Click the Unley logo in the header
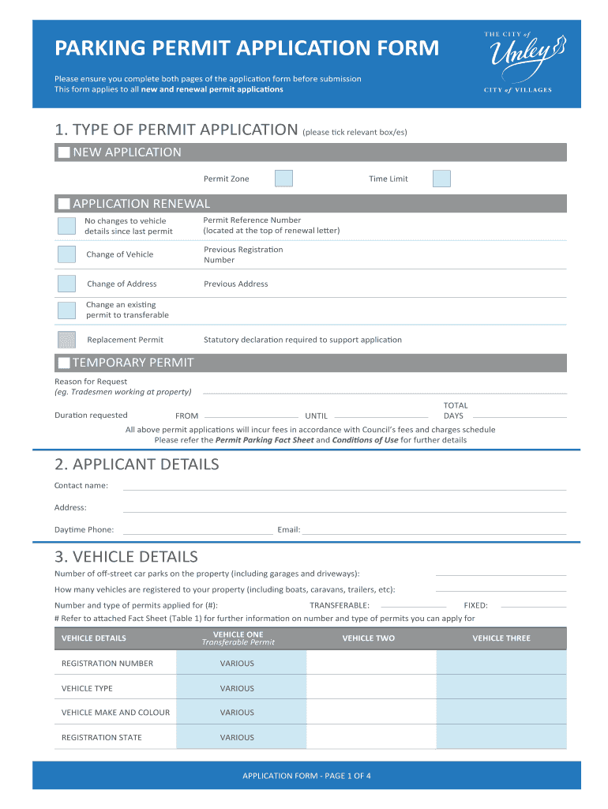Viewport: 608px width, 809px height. click(x=517, y=62)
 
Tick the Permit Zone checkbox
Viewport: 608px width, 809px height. click(x=283, y=179)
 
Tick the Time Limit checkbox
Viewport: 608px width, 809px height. click(x=441, y=179)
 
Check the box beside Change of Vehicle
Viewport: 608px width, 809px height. click(x=67, y=254)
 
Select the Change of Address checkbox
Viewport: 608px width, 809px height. click(x=67, y=284)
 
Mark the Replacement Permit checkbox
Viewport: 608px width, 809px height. click(x=67, y=340)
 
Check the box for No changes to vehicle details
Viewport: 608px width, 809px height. click(x=67, y=226)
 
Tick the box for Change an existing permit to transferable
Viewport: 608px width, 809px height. click(x=67, y=310)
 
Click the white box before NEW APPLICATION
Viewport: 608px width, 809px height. click(x=64, y=152)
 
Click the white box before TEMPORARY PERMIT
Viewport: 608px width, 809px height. click(x=64, y=363)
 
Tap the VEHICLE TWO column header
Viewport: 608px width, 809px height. click(x=368, y=638)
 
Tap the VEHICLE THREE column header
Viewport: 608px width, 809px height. click(x=501, y=638)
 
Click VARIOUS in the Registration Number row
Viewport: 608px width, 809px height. click(x=237, y=664)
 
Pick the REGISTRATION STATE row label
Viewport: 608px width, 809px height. click(x=102, y=737)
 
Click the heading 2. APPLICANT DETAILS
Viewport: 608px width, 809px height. click(x=137, y=465)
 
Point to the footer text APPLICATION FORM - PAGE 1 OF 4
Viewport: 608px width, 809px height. click(x=306, y=775)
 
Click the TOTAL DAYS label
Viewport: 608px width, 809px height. click(x=456, y=410)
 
